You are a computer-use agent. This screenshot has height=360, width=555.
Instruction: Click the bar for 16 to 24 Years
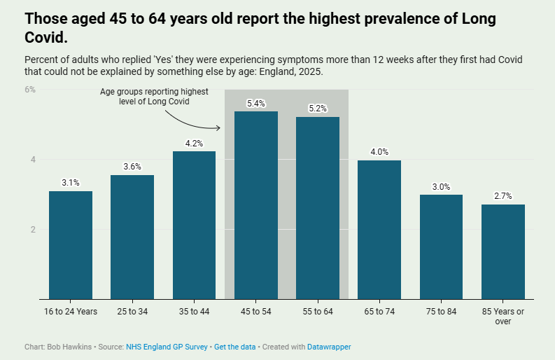pyautogui.click(x=71, y=245)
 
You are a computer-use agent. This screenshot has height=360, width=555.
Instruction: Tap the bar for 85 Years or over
pyautogui.click(x=503, y=252)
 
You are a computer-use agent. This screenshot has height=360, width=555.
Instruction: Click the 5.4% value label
pyautogui.click(x=256, y=104)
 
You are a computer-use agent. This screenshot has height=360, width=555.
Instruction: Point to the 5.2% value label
pyautogui.click(x=318, y=109)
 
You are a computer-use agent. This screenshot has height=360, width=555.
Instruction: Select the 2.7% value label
pyautogui.click(x=503, y=197)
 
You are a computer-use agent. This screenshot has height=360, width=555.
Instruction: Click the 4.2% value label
pyautogui.click(x=194, y=144)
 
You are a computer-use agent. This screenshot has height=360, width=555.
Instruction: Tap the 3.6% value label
pyautogui.click(x=132, y=167)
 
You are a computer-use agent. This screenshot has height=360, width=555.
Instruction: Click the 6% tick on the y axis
pyautogui.click(x=30, y=90)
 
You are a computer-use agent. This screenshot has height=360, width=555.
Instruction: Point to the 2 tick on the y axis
pyautogui.click(x=31, y=229)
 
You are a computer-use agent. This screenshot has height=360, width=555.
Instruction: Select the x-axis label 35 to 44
pyautogui.click(x=194, y=311)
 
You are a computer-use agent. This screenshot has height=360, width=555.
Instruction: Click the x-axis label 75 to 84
pyautogui.click(x=441, y=311)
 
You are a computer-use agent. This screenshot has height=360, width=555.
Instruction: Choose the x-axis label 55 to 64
pyautogui.click(x=318, y=311)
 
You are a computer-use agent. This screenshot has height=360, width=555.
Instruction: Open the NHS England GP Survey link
pyautogui.click(x=167, y=347)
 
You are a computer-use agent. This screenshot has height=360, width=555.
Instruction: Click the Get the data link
pyautogui.click(x=234, y=347)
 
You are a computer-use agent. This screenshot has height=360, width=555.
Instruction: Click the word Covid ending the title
pyautogui.click(x=45, y=36)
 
